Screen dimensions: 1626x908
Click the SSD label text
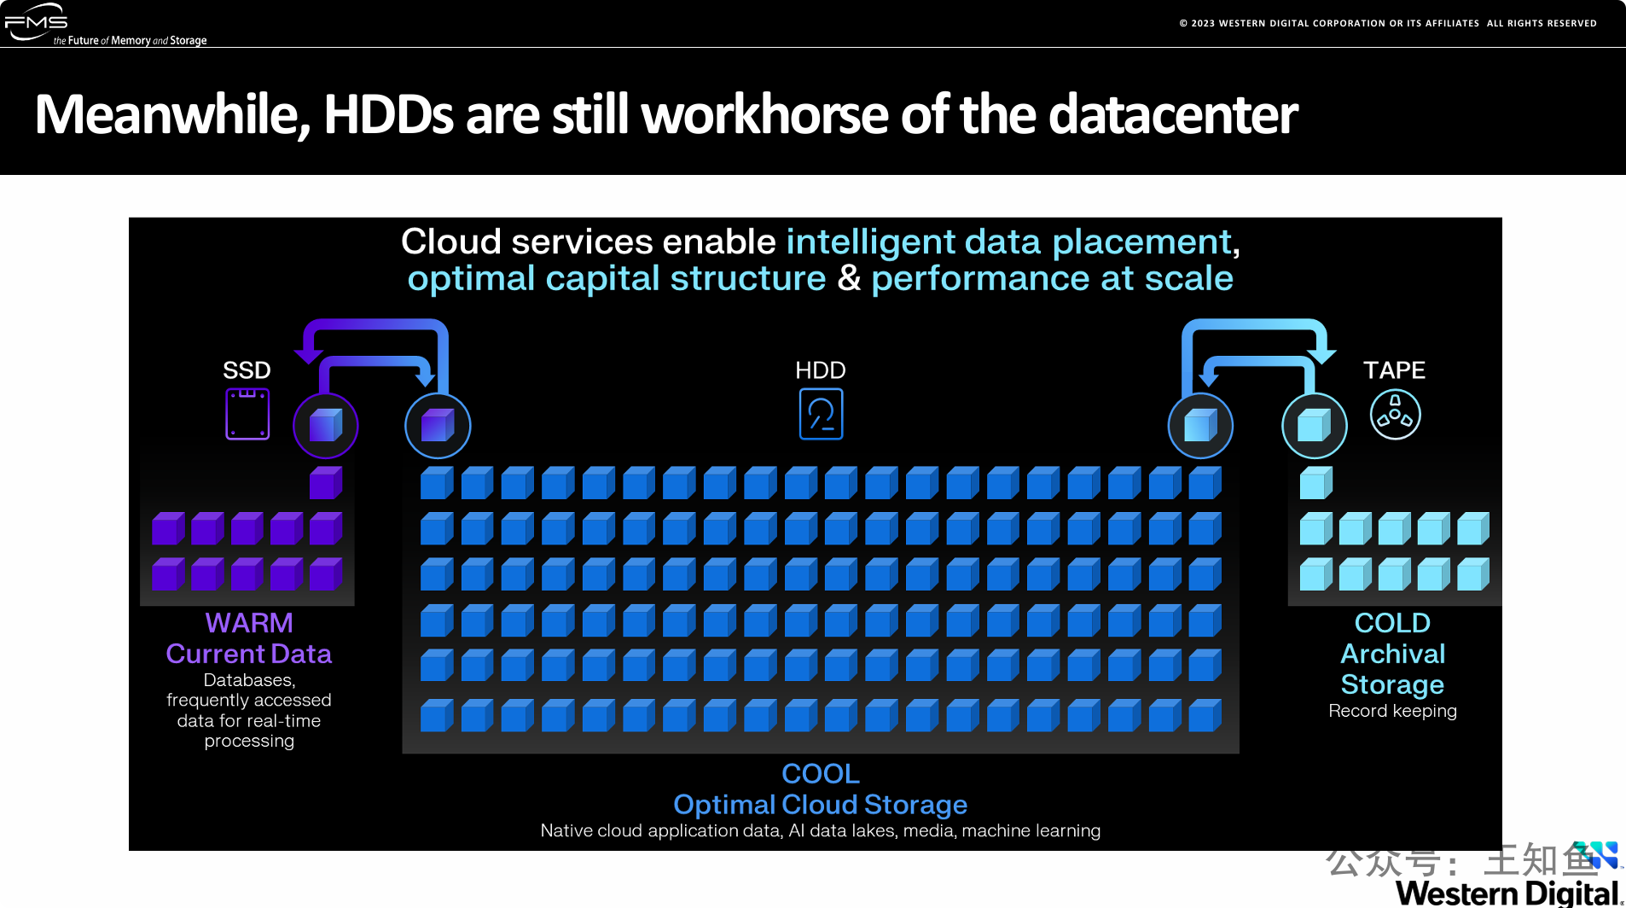(x=247, y=370)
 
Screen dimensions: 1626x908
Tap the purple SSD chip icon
(x=247, y=414)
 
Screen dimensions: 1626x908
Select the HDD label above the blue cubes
(x=821, y=370)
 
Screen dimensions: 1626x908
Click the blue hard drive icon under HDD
(x=821, y=414)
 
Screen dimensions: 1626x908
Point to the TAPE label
(x=1394, y=370)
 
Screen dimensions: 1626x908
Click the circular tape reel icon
(x=1395, y=415)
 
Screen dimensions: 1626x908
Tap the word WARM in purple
(x=249, y=623)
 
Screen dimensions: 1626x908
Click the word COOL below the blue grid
(x=821, y=773)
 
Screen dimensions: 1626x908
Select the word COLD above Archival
(x=1392, y=623)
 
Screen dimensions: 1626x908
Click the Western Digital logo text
(x=1507, y=893)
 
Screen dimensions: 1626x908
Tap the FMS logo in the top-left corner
(x=36, y=21)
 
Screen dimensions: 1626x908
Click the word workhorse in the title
(x=764, y=114)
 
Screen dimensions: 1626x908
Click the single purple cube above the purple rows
(x=326, y=483)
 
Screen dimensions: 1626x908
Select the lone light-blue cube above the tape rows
(x=1315, y=483)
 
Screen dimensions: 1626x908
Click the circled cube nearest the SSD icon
(x=326, y=425)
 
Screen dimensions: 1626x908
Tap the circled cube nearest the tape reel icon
(x=1315, y=425)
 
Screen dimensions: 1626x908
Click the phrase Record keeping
(x=1392, y=711)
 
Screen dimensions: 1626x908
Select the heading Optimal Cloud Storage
(x=821, y=804)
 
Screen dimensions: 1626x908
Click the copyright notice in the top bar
(x=1388, y=23)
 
